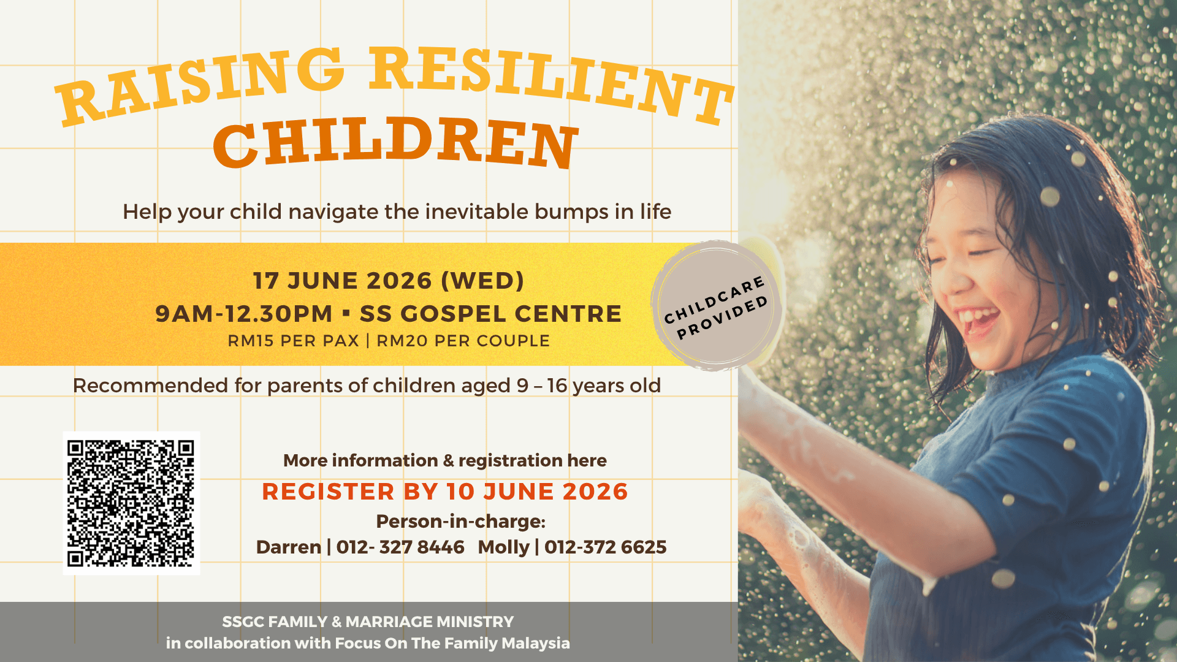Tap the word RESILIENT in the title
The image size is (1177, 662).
(x=552, y=83)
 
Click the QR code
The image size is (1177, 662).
(x=131, y=503)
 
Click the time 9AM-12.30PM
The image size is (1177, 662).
(x=243, y=314)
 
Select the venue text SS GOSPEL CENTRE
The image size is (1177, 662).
(x=490, y=314)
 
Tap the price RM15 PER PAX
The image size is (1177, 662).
(x=293, y=341)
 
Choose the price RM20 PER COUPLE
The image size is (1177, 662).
(x=463, y=341)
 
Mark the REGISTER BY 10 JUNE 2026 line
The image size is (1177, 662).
(x=445, y=492)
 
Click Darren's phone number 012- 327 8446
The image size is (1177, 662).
(x=400, y=547)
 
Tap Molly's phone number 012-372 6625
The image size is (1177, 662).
(x=606, y=547)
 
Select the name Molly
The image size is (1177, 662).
(x=503, y=547)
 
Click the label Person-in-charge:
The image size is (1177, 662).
(x=460, y=521)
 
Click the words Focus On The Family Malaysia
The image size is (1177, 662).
(x=452, y=643)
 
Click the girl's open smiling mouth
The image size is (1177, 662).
(x=979, y=321)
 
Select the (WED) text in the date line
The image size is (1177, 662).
(x=482, y=281)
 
